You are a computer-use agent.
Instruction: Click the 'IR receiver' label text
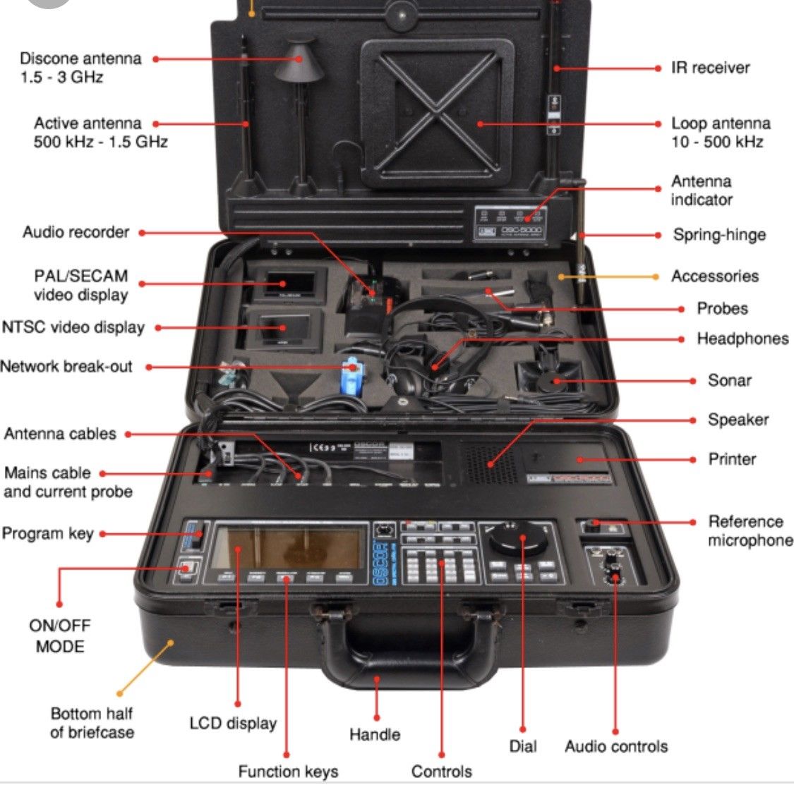click(710, 68)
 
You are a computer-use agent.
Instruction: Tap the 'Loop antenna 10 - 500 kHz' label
click(720, 133)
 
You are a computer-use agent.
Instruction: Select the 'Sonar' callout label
click(730, 381)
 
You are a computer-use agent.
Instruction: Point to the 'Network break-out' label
click(66, 367)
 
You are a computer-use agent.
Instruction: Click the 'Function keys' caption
click(288, 772)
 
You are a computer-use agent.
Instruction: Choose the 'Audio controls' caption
click(616, 747)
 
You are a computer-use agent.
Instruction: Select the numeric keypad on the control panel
click(440, 564)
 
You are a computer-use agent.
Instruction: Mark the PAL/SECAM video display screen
click(287, 284)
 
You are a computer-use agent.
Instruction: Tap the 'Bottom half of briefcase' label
click(92, 723)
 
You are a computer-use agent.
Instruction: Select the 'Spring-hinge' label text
click(719, 235)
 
